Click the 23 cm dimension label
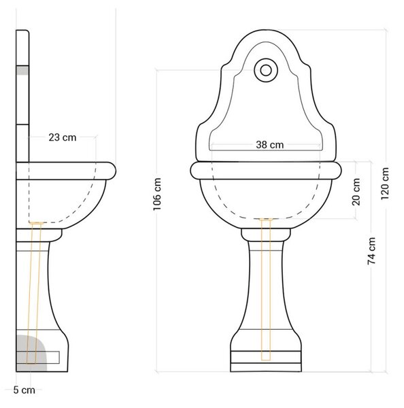pyautogui.click(x=63, y=137)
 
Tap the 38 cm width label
pyautogui.click(x=270, y=145)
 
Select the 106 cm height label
pyautogui.click(x=157, y=194)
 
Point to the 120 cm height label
pyautogui.click(x=385, y=184)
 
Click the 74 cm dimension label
pyautogui.click(x=371, y=251)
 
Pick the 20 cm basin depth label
pyautogui.click(x=356, y=192)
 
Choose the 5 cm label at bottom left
pyautogui.click(x=24, y=390)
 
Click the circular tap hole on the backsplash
pyautogui.click(x=266, y=70)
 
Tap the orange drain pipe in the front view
pyautogui.click(x=266, y=290)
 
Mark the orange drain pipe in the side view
pyautogui.click(x=34, y=292)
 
